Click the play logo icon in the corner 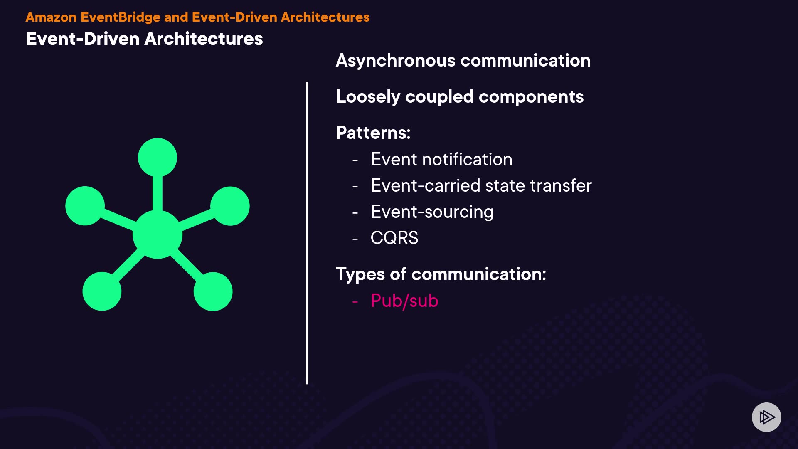(x=766, y=417)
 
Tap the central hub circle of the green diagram (x=158, y=234)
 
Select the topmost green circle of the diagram (x=158, y=158)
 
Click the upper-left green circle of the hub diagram (x=85, y=206)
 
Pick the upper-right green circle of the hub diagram (x=230, y=206)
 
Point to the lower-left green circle (x=102, y=291)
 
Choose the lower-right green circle (x=213, y=291)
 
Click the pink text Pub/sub (x=404, y=301)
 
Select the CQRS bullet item (x=394, y=238)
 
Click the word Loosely (x=368, y=97)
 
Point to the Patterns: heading (x=373, y=133)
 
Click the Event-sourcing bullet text (x=432, y=212)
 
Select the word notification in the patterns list (x=468, y=160)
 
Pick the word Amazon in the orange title (x=51, y=17)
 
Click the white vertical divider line (x=307, y=233)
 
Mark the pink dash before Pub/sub (x=355, y=301)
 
